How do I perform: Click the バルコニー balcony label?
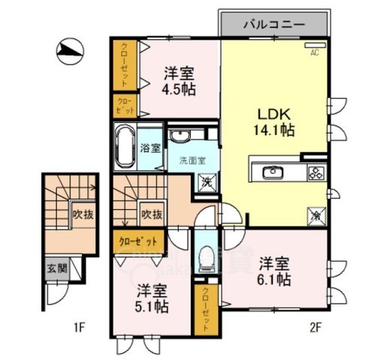click(x=274, y=24)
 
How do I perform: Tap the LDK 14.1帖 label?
click(x=276, y=121)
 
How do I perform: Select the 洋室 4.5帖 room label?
click(x=179, y=80)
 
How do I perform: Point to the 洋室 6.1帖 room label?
click(x=276, y=271)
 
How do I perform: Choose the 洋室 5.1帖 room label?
click(x=152, y=298)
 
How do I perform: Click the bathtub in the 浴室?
click(x=125, y=145)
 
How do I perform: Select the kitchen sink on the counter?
click(x=272, y=172)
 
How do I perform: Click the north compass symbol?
click(x=70, y=50)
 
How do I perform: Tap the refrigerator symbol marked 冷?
click(x=315, y=213)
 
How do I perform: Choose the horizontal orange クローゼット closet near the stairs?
click(x=139, y=241)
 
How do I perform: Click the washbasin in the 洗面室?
click(x=181, y=136)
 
